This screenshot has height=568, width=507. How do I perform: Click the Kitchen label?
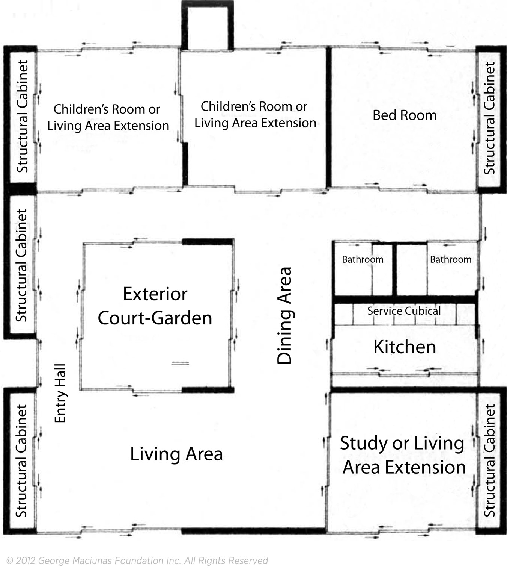pyautogui.click(x=405, y=347)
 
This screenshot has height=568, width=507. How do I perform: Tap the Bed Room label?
pyautogui.click(x=405, y=115)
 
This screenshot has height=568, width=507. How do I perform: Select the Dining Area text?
pyautogui.click(x=284, y=315)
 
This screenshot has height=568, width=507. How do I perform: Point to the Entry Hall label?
pyautogui.click(x=60, y=393)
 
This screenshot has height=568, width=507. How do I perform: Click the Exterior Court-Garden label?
pyautogui.click(x=155, y=306)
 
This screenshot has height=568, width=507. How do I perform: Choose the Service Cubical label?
pyautogui.click(x=404, y=311)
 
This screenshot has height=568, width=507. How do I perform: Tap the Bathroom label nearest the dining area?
pyautogui.click(x=363, y=259)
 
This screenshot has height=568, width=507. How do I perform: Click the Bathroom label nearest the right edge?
pyautogui.click(x=451, y=259)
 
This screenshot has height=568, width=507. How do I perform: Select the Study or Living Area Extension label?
pyautogui.click(x=403, y=455)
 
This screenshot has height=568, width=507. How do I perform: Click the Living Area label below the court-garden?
pyautogui.click(x=176, y=454)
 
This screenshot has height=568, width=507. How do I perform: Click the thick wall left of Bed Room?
pyautogui.click(x=329, y=117)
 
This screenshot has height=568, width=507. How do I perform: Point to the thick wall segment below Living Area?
pyautogui.click(x=254, y=531)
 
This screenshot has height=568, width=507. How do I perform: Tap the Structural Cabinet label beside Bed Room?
pyautogui.click(x=489, y=118)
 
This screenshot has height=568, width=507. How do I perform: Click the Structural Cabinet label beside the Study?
pyautogui.click(x=489, y=460)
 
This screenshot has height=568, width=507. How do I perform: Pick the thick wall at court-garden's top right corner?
pyautogui.click(x=208, y=242)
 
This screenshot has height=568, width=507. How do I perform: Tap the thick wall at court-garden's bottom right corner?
pyautogui.click(x=208, y=389)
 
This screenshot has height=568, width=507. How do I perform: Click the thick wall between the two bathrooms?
pyautogui.click(x=394, y=270)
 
